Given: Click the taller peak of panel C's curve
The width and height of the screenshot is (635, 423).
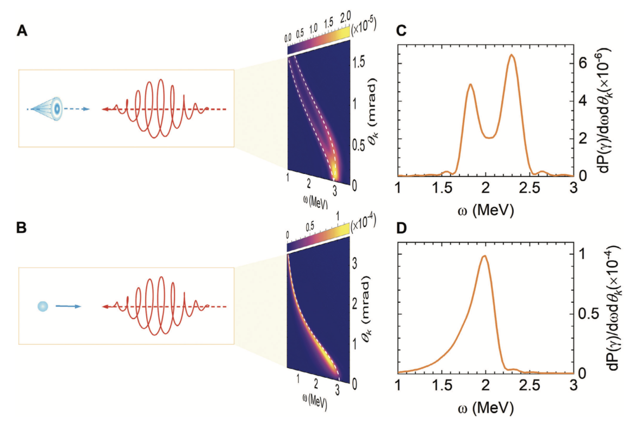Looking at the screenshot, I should point(512,55).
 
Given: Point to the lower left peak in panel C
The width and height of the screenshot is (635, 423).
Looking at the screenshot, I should point(470,84).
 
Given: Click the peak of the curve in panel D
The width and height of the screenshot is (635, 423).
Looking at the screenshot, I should point(484,256).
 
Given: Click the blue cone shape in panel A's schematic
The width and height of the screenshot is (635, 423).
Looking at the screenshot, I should point(48,109).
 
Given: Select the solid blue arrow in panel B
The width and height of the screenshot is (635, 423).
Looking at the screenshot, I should point(67,307).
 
